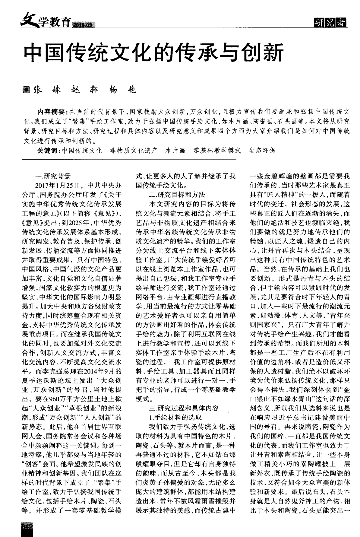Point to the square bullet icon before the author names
pos(27,90)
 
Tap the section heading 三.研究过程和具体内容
pos(184,408)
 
